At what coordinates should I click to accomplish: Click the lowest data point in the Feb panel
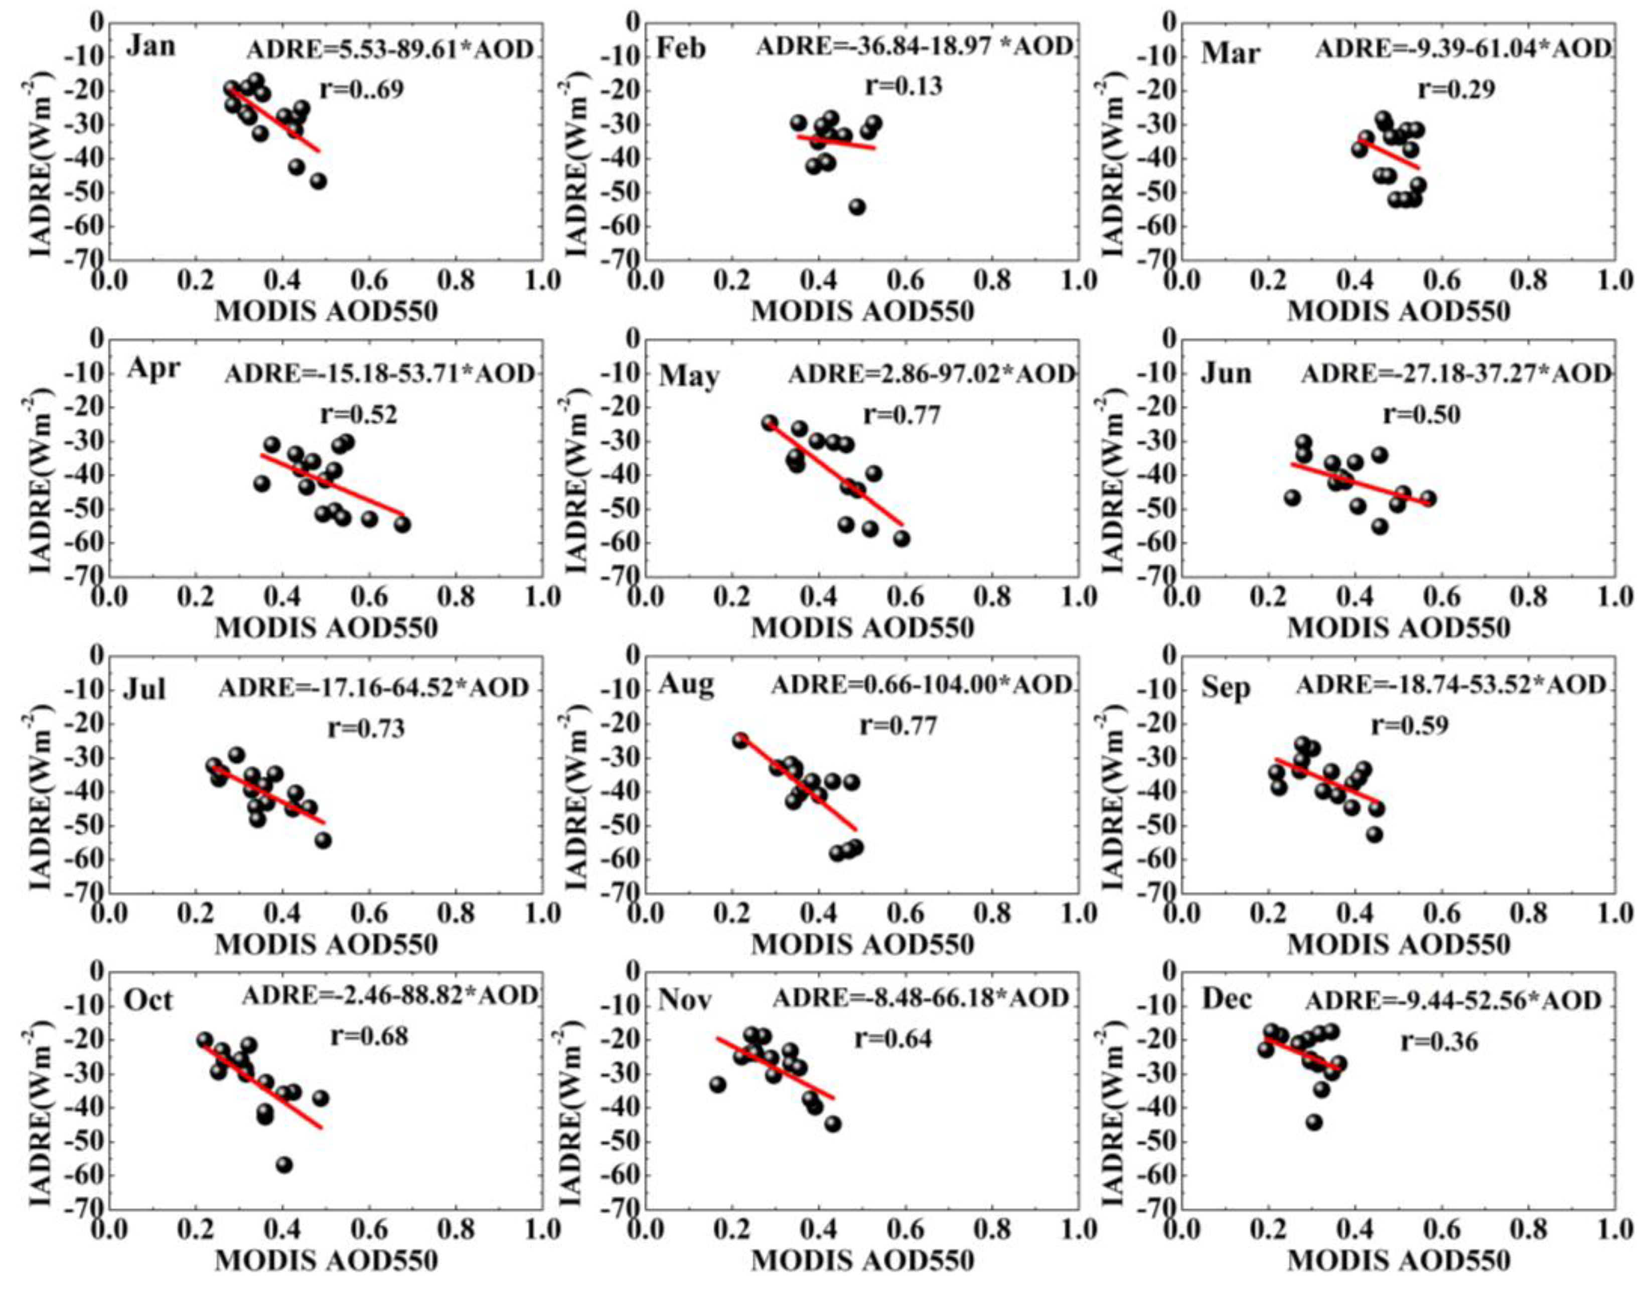click(x=857, y=207)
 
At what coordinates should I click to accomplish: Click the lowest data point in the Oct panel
click(x=284, y=1165)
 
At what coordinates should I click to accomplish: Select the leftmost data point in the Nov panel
click(x=717, y=1084)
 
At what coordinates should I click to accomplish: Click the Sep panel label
click(x=1225, y=688)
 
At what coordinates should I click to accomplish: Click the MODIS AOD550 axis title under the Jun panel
click(x=1398, y=628)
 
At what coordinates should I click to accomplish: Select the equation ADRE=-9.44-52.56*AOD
click(x=1452, y=1001)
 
